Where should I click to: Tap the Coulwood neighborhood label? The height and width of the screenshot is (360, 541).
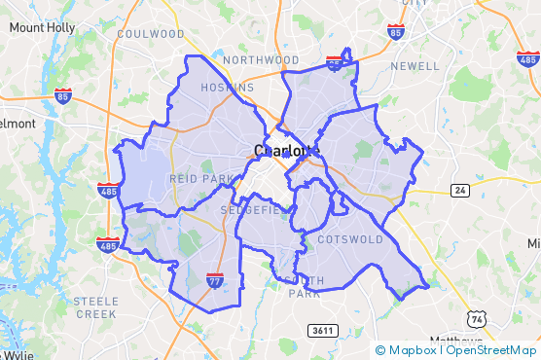pos(150,34)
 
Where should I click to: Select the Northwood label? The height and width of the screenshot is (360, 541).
pos(261,60)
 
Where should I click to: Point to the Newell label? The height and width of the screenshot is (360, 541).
pos(415,66)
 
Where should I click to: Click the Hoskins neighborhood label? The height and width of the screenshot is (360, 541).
pos(227,88)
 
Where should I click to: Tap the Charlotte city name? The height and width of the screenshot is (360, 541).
pos(285,151)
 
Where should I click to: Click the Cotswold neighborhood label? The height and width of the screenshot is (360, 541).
pos(351,238)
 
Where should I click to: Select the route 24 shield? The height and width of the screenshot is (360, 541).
pos(460,188)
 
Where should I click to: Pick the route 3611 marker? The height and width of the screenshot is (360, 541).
pos(322,331)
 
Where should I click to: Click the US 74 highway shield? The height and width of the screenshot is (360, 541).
pos(476,319)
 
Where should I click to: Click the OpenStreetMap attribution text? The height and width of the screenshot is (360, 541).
pos(491,350)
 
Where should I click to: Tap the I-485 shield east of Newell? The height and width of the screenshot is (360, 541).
pos(528,58)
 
